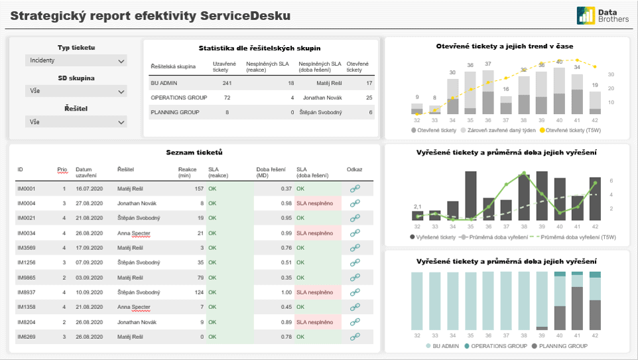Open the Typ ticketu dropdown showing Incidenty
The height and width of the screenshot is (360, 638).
[76, 60]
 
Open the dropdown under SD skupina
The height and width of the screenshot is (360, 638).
[76, 91]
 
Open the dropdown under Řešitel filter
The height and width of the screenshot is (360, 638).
[76, 122]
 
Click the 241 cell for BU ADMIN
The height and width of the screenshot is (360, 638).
[227, 83]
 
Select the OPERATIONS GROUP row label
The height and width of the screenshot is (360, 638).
[179, 97]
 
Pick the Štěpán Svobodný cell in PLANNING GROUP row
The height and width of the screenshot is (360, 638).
[322, 112]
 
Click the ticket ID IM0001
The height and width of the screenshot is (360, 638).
[26, 189]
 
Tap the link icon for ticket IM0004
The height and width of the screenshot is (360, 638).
[355, 203]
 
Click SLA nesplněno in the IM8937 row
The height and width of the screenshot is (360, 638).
[315, 292]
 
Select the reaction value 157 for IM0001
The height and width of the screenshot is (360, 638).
[199, 189]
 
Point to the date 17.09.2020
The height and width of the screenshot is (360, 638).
[90, 248]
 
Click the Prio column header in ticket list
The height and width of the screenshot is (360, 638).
[62, 170]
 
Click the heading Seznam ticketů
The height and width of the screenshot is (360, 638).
[194, 152]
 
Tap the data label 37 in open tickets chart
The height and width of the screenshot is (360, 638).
[488, 64]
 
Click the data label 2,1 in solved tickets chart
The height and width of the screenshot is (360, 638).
[417, 206]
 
